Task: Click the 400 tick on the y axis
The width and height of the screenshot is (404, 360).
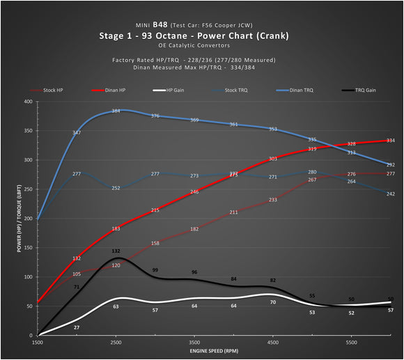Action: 28,102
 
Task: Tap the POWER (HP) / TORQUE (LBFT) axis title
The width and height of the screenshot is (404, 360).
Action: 13,218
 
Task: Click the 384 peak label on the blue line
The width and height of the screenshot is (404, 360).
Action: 116,111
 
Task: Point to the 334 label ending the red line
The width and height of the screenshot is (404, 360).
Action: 391,141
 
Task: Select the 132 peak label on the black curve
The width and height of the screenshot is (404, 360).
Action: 116,251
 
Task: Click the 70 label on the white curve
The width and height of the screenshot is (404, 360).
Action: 273,302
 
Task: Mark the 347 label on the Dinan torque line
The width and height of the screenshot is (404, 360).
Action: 76,132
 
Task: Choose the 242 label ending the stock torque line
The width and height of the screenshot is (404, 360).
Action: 391,194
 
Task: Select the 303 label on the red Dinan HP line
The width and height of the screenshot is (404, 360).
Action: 273,159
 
